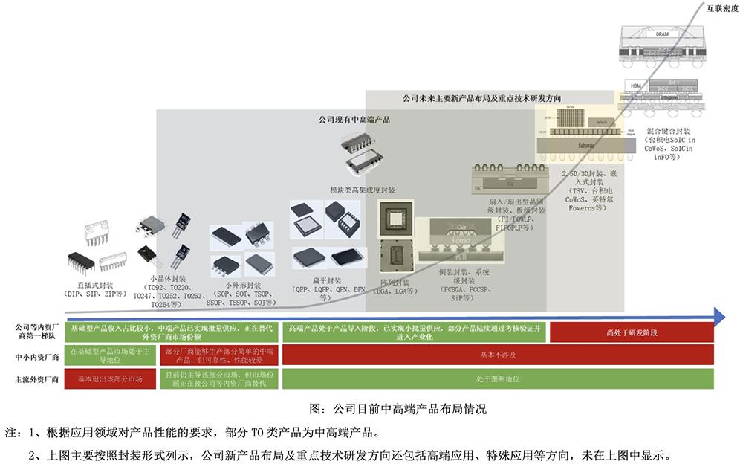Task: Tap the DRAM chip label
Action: [662, 34]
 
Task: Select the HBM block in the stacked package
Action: [635, 86]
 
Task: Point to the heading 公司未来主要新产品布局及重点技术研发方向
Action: [481, 97]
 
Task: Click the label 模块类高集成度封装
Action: [363, 190]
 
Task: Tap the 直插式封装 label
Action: [96, 284]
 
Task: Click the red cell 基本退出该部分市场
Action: [110, 379]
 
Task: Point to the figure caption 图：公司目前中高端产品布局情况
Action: [397, 408]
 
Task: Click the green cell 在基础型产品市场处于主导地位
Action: [110, 355]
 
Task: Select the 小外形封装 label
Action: [243, 285]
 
